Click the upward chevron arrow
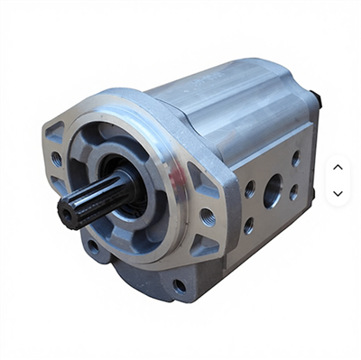pyautogui.click(x=338, y=167)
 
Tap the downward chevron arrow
pyautogui.click(x=338, y=193)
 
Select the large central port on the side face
pyautogui.click(x=273, y=192)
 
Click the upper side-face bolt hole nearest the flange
pyautogui.click(x=250, y=189)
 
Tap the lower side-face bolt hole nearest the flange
pyautogui.click(x=248, y=226)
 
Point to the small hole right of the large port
pyautogui.click(x=295, y=194)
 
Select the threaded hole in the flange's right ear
pyautogui.click(x=208, y=217)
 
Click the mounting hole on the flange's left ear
pyautogui.click(x=56, y=158)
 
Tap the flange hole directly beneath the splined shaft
pyautogui.click(x=92, y=245)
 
